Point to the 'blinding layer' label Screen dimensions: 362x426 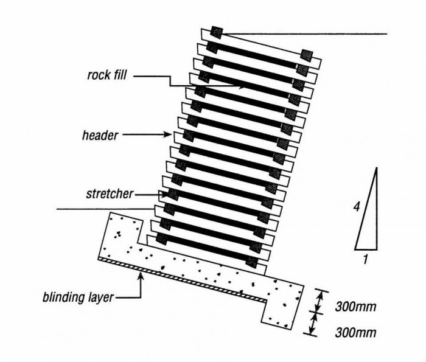tap(78, 298)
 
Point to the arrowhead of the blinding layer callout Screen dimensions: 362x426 tap(141, 277)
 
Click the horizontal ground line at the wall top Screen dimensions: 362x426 tap(304, 33)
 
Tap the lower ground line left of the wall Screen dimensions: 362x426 tap(103, 209)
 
